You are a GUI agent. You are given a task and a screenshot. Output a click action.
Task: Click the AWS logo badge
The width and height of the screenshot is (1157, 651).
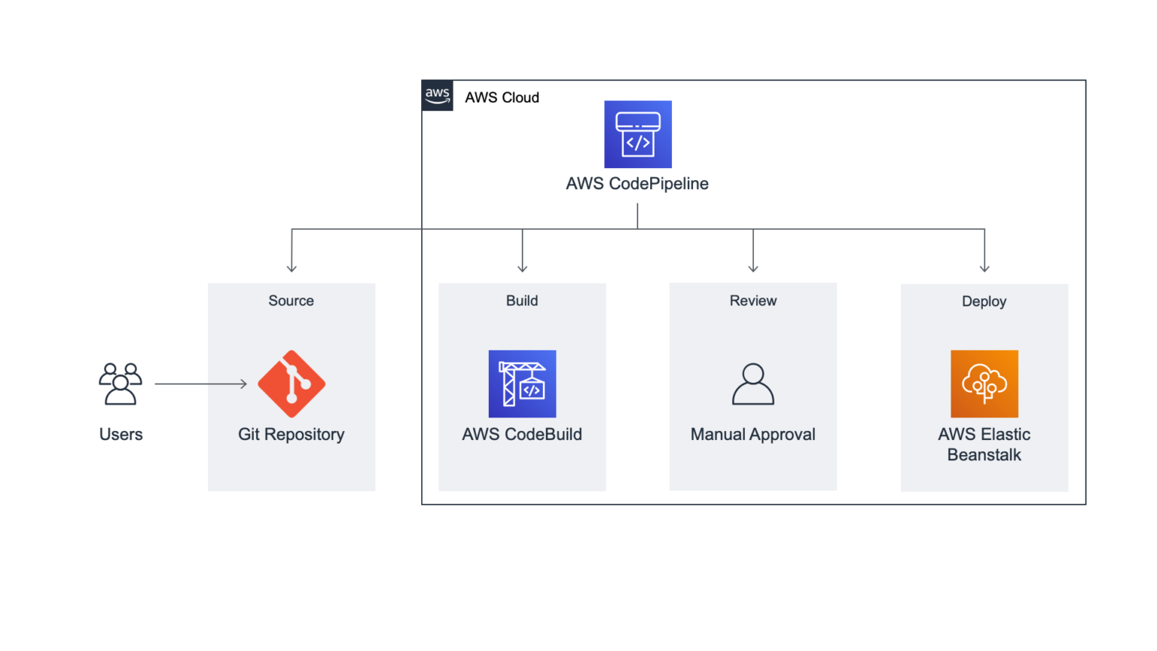[x=437, y=96]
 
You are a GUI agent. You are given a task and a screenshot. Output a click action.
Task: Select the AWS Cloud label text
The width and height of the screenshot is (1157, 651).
[x=502, y=98]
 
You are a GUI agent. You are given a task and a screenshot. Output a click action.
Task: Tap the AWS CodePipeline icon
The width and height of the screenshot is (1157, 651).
[x=637, y=134]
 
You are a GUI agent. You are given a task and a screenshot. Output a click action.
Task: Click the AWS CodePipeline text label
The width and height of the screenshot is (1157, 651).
[x=637, y=184]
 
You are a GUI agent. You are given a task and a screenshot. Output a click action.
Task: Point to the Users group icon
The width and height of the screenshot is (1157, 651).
[x=121, y=384]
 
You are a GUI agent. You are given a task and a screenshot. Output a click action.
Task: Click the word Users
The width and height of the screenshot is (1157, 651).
[x=121, y=435]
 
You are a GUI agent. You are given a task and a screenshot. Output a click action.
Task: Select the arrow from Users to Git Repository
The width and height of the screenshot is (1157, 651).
[x=200, y=384]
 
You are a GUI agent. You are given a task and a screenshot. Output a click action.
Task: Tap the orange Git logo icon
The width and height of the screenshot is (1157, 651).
[x=292, y=384]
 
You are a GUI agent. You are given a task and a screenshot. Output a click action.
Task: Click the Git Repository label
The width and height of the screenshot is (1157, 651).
[x=292, y=435]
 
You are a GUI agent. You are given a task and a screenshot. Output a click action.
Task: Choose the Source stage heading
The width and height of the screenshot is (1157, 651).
[x=292, y=301]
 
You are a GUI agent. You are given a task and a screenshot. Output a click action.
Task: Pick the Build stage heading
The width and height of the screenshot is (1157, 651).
[x=522, y=301]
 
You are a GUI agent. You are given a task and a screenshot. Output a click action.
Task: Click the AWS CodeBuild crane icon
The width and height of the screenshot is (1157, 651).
[x=522, y=384]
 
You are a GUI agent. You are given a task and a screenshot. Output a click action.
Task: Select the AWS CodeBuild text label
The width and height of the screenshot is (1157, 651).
[x=522, y=435]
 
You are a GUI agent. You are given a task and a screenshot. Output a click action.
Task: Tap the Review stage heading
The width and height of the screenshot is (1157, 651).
[x=753, y=301]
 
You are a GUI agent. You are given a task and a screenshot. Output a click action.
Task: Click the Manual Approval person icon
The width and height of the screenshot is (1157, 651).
[x=753, y=384]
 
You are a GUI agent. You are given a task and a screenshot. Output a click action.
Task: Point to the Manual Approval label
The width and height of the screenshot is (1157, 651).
[x=753, y=435]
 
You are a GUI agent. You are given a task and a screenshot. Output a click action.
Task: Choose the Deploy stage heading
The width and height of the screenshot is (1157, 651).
[x=984, y=301]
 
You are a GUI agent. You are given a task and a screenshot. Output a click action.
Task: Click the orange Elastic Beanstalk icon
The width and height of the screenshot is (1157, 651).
[x=984, y=384]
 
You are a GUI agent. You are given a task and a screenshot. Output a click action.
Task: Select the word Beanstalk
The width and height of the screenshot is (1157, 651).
[x=984, y=455]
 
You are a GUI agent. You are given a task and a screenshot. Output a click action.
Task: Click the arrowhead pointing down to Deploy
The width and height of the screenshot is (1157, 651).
[x=985, y=268]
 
